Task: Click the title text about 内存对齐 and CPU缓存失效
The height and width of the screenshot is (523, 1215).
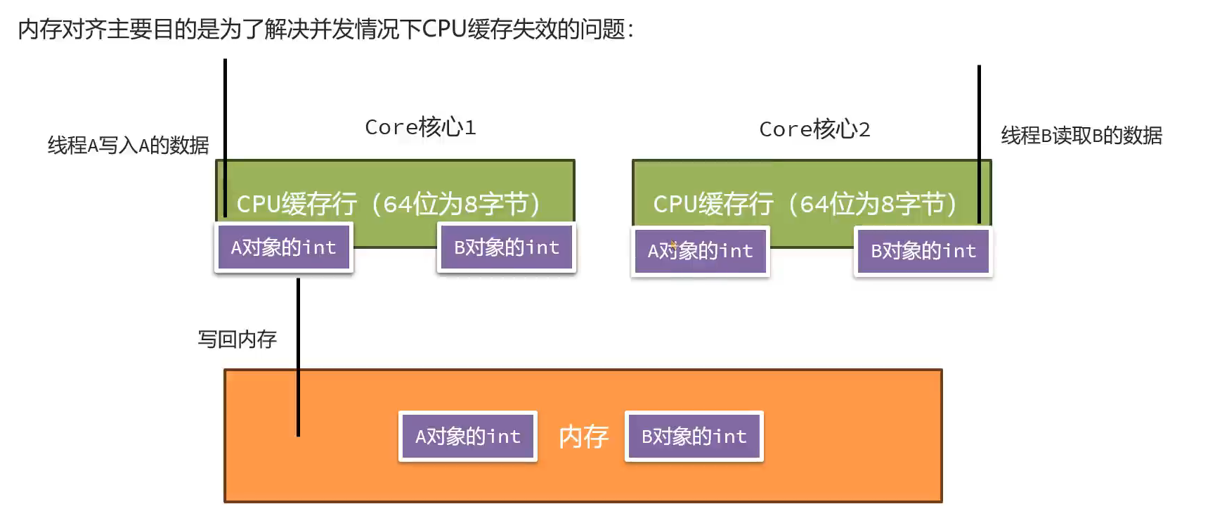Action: pos(325,30)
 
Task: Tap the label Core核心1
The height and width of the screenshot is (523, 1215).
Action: pos(420,127)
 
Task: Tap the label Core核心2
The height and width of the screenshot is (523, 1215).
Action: pos(814,129)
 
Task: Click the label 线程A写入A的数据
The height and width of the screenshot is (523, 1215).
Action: pos(128,146)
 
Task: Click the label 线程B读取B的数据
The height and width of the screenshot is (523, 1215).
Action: pos(1081,136)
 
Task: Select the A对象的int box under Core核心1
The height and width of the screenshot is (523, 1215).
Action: pos(283,247)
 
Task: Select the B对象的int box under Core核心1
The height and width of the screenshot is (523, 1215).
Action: pos(507,247)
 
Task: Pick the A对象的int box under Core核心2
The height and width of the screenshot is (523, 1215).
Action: pos(700,251)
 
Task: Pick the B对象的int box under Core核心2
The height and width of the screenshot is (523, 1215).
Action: pos(923,251)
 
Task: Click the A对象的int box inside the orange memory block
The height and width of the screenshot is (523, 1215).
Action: pos(468,437)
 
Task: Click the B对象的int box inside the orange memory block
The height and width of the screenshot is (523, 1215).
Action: pos(694,437)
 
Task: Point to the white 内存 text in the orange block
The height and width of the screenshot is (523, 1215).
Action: pos(583,437)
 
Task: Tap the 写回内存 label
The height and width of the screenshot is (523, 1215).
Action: pos(238,340)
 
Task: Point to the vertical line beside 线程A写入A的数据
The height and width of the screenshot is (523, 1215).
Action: pos(225,134)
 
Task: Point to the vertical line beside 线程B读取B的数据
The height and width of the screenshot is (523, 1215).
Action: pos(979,141)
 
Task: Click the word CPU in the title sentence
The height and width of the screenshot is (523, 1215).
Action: pos(444,30)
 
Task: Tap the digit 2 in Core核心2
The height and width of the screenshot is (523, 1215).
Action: pos(864,129)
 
